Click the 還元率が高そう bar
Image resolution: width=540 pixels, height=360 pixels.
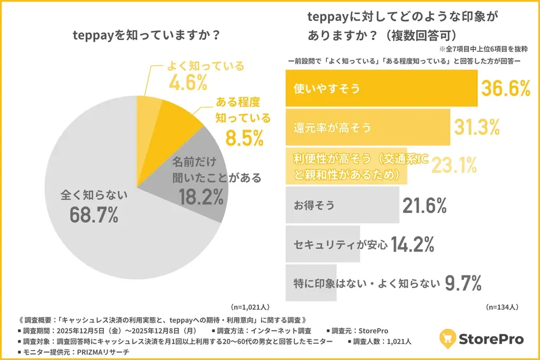[368, 127]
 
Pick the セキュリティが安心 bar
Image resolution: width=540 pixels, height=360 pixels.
[322, 244]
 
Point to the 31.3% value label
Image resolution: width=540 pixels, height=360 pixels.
[477, 127]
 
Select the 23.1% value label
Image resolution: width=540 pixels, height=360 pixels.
[454, 166]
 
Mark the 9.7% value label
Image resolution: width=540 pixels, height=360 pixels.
[464, 284]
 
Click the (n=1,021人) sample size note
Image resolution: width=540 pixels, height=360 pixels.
[250, 306]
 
